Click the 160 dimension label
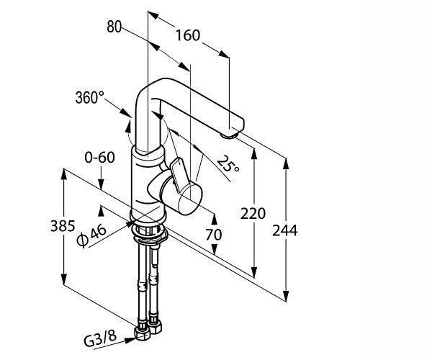click(x=188, y=35)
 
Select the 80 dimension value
click(x=114, y=27)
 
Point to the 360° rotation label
click(x=90, y=97)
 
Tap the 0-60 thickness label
click(x=99, y=158)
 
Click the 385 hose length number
click(x=63, y=226)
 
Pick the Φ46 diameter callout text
click(x=91, y=235)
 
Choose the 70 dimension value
click(x=214, y=235)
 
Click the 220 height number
click(x=253, y=213)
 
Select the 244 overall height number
click(x=285, y=230)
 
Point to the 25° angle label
click(x=228, y=163)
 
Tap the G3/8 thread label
click(x=100, y=338)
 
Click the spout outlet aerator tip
click(x=229, y=135)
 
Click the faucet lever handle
click(x=179, y=174)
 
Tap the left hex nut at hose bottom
click(x=143, y=333)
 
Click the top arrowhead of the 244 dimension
click(x=287, y=163)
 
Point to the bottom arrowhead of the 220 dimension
click(x=254, y=272)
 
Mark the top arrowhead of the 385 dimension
click(x=63, y=174)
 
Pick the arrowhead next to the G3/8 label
click(x=130, y=341)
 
